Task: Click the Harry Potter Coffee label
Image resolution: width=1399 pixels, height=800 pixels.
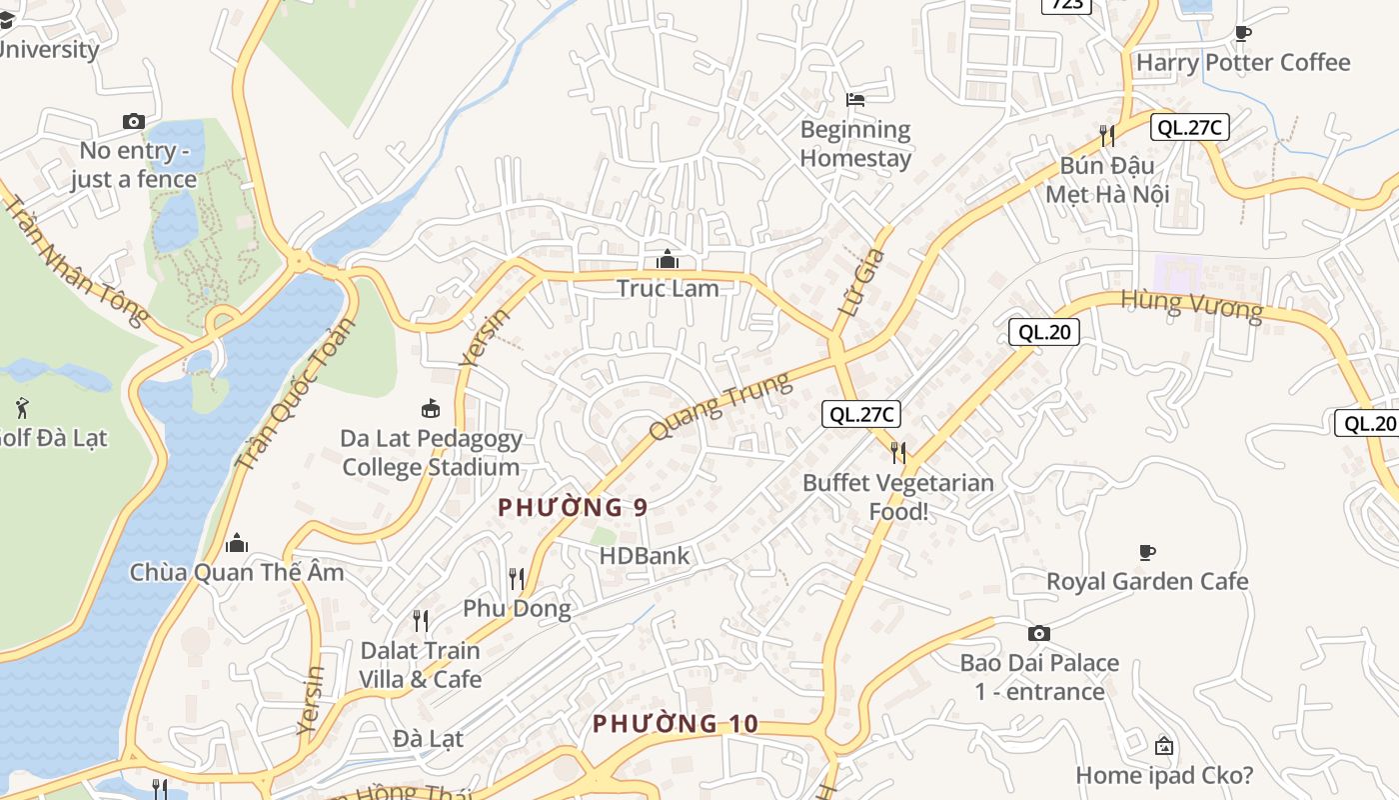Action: coord(1243,62)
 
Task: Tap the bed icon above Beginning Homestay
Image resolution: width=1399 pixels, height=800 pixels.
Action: coord(855,100)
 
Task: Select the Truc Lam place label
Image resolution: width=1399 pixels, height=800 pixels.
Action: coord(668,288)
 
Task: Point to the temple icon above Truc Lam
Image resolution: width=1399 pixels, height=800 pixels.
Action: coord(668,260)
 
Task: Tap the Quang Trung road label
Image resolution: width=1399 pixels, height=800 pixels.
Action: coord(718,406)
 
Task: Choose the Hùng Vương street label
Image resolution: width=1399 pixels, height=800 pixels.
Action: coord(1191,304)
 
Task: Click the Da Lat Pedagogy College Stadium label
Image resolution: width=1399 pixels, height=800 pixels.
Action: coord(431,453)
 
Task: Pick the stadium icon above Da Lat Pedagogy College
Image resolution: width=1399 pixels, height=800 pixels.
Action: coord(431,408)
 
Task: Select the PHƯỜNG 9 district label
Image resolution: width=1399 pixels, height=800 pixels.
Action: coord(573,508)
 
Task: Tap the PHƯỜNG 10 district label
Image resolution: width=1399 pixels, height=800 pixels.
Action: coord(675,724)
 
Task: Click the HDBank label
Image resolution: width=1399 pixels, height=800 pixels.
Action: coord(645,556)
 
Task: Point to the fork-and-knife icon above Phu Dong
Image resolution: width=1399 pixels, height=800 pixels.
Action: coord(517,578)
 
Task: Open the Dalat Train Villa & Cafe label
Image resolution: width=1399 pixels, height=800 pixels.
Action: coord(421,665)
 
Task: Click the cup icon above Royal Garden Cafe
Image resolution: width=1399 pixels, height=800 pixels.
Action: coord(1147,552)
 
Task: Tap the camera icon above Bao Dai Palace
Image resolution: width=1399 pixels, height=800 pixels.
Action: coord(1039,633)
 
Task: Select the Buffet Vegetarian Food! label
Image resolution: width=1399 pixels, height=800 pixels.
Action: coord(898,497)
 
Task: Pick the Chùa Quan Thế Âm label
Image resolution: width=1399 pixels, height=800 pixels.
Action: coord(237,572)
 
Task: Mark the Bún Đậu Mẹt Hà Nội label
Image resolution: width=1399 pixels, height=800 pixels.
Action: coord(1107,179)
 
